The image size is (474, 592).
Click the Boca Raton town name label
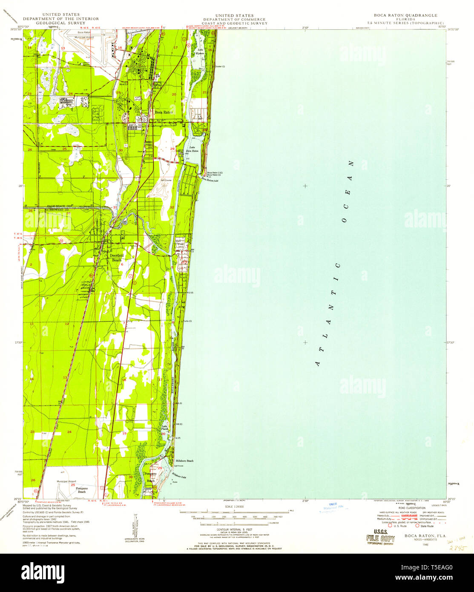(x=164, y=112)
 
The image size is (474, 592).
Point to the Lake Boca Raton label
(x=192, y=149)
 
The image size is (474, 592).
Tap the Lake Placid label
(x=164, y=428)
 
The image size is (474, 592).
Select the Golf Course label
(x=165, y=180)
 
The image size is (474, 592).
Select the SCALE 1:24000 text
(x=234, y=506)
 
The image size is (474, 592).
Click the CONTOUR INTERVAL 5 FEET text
(x=234, y=529)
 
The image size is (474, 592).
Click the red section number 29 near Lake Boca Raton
(x=172, y=148)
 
